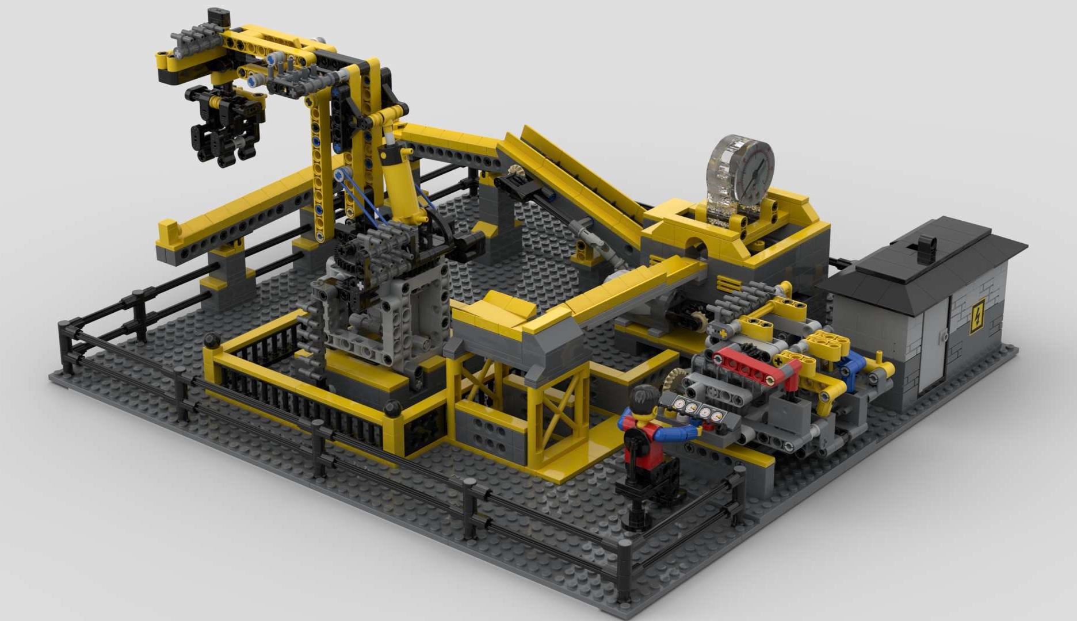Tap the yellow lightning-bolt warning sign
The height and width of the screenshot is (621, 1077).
tap(977, 316)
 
